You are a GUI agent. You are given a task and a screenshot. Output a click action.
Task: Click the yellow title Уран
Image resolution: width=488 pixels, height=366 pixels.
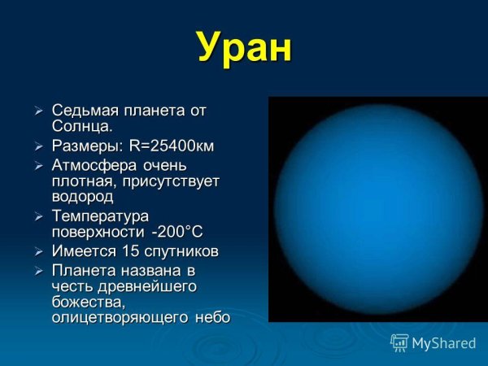(x=244, y=49)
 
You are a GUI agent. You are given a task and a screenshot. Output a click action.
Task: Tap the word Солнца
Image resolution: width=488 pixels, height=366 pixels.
(x=82, y=127)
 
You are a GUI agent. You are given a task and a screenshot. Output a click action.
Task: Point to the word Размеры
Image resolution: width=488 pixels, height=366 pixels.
(x=86, y=146)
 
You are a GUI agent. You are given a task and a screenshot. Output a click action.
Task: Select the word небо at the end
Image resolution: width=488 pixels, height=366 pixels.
(x=212, y=317)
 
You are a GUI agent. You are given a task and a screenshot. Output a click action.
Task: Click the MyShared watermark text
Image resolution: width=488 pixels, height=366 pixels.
(x=444, y=343)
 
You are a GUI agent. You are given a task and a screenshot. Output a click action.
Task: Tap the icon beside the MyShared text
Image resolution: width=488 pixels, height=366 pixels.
(x=399, y=342)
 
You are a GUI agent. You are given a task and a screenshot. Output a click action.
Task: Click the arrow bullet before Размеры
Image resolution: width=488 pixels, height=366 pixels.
(x=38, y=146)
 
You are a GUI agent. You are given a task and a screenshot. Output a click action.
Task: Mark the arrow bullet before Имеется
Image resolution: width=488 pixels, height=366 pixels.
(x=38, y=251)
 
